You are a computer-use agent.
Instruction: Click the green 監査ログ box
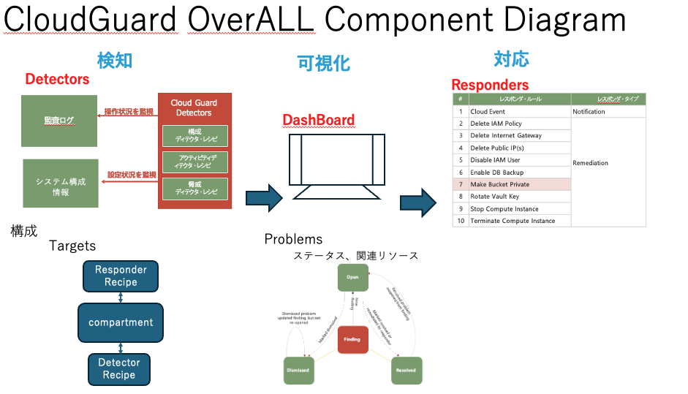coord(59,121)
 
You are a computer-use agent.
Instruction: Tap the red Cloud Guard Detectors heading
coord(194,107)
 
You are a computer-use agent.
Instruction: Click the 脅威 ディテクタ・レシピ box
coord(195,188)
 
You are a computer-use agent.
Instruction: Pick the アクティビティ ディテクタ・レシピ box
coord(195,162)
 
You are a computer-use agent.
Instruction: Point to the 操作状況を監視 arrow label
coord(129,111)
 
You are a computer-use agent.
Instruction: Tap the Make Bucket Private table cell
coord(519,184)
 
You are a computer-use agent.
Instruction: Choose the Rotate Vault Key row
coord(519,196)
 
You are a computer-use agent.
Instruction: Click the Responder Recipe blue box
coord(121,276)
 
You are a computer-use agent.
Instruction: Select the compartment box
coord(121,322)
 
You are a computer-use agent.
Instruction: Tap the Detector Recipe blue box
coord(119,368)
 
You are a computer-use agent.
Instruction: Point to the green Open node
coord(352,278)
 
